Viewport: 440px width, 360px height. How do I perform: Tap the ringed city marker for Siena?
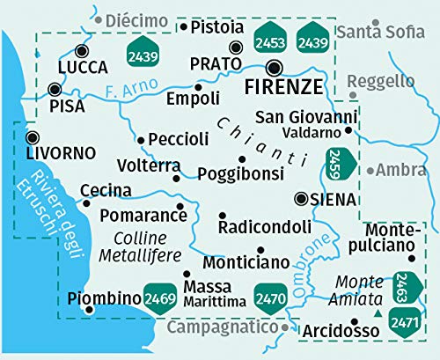301,199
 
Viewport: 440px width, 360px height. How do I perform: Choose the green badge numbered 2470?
269,298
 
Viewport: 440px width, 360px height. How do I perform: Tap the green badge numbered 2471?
406,320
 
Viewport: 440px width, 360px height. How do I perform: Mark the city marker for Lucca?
82,50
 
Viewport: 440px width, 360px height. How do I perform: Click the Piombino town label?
105,298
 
